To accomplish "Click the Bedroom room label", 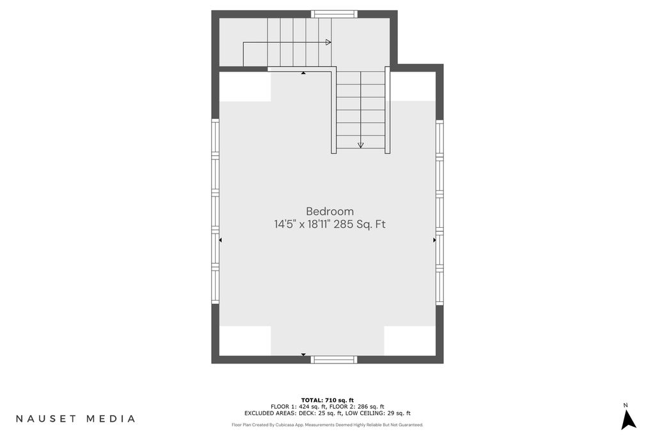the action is (x=329, y=211).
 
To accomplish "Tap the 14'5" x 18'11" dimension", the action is (x=303, y=225).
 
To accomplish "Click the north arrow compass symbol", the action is (x=628, y=420).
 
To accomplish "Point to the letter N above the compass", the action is (x=626, y=405).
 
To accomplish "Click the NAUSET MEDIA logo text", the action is (x=75, y=418).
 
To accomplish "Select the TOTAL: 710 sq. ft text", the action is (x=327, y=401).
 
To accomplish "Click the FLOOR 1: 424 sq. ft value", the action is (x=298, y=406).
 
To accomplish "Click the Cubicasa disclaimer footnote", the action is (x=327, y=425).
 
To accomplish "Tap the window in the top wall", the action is (x=334, y=14).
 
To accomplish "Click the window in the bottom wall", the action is (x=334, y=360).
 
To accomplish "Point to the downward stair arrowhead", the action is (x=361, y=145).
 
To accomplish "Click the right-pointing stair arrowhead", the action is (x=328, y=42).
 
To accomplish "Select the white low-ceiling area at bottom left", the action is (x=245, y=341).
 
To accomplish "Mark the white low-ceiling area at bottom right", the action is (x=410, y=341).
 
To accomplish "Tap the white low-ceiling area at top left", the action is (x=245, y=86).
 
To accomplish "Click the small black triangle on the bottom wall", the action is (x=304, y=354).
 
